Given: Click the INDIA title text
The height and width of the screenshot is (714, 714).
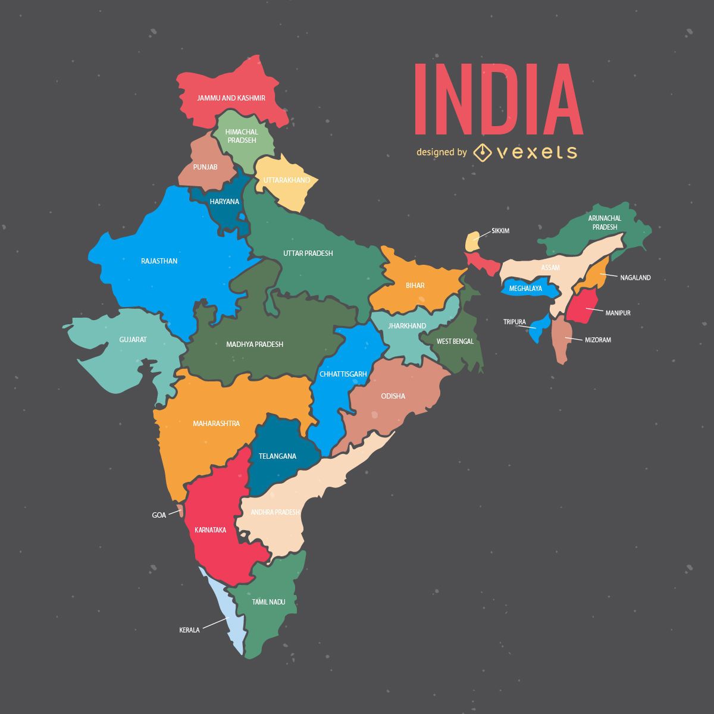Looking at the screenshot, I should coord(497,99).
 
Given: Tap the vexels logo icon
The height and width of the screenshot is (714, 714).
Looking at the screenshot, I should coord(482,152).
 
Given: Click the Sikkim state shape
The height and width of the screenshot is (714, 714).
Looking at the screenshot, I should coord(472,241).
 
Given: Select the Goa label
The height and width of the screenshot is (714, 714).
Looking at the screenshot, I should coord(159,515).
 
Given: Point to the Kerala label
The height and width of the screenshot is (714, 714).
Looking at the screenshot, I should coord(189,630).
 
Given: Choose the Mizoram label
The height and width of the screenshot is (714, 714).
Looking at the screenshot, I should coord(597,340).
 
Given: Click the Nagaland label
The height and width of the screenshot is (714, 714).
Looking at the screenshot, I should coord(635,278).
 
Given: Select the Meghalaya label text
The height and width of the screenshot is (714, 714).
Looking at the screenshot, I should coord(525,289).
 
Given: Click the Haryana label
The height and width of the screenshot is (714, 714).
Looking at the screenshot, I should coord(224,202).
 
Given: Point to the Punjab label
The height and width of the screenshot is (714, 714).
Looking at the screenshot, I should coord(205,167).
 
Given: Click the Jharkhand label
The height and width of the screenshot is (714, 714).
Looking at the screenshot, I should coord(407,326).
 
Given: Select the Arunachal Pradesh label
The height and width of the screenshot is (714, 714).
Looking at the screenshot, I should coord(605,223).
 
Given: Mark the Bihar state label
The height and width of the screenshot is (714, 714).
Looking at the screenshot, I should coord(415,286).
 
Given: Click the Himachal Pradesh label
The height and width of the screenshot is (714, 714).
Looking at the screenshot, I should coord(242,136).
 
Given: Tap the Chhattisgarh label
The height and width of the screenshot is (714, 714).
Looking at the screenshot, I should coord(343,374).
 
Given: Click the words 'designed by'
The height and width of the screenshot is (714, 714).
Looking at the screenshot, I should coord(441,152).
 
